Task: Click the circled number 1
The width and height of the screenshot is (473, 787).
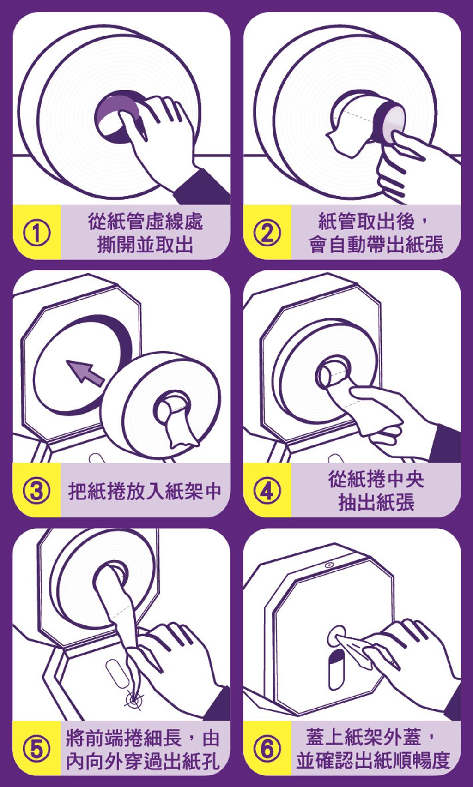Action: pos(36,233)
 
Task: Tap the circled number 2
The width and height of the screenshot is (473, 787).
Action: pos(267,233)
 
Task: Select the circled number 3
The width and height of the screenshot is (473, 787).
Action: pos(36,491)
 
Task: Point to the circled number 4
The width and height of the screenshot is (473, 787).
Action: pos(267,491)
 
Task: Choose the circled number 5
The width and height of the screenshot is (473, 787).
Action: pos(36,749)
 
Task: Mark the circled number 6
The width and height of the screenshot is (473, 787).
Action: pos(267,749)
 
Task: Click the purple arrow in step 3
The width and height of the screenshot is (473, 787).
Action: pos(85,373)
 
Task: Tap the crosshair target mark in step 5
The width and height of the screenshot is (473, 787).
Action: pos(134,700)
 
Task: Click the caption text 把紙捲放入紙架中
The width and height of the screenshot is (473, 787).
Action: pos(145,491)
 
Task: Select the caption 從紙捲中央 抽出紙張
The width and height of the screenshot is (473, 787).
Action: pos(376,491)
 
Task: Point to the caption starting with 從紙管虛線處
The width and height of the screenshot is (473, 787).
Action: pos(145,233)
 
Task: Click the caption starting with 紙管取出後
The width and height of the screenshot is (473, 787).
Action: pos(376,233)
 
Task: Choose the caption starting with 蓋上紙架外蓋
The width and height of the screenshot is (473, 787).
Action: pos(373,749)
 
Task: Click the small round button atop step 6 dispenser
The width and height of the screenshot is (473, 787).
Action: pos(329,565)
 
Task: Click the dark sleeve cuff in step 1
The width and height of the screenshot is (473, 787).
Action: pos(202,188)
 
